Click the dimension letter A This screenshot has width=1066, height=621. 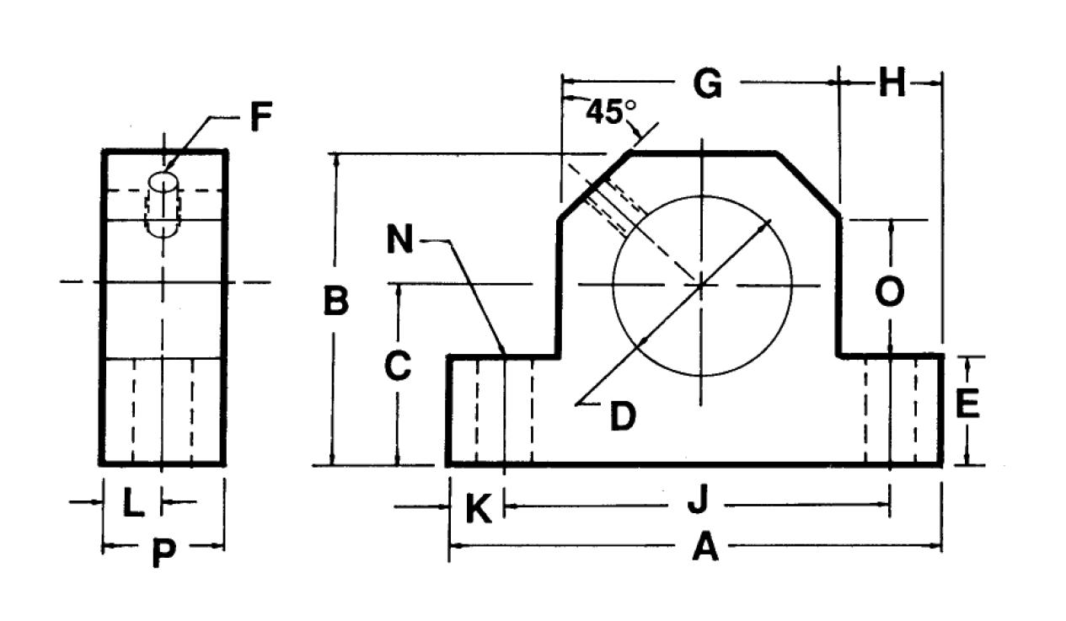[x=705, y=549]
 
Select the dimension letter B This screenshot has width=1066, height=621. [x=336, y=302]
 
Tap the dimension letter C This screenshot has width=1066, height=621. [x=397, y=367]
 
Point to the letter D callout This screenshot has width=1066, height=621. [x=622, y=415]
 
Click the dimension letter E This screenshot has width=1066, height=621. [x=967, y=404]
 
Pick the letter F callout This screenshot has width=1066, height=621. [x=261, y=118]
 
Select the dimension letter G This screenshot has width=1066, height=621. [x=707, y=84]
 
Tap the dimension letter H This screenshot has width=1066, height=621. [x=891, y=84]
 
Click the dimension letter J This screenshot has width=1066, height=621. [x=697, y=503]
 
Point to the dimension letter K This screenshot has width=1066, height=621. [x=478, y=510]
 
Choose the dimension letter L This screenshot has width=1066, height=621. [x=132, y=504]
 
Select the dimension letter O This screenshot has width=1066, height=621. [x=890, y=292]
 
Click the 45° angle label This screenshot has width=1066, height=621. [x=611, y=112]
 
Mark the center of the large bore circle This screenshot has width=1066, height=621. [x=702, y=285]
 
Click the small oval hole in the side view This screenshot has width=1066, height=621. [x=163, y=181]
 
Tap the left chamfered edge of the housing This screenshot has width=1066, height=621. [x=595, y=186]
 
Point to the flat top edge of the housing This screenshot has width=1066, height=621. [x=704, y=153]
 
